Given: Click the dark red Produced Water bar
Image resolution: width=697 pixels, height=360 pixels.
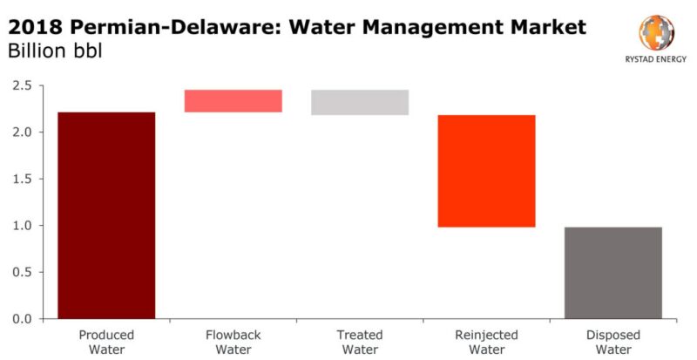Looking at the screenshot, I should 106,215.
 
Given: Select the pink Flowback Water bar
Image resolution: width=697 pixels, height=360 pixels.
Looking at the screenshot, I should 233,101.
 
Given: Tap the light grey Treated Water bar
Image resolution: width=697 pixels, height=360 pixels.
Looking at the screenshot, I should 360,102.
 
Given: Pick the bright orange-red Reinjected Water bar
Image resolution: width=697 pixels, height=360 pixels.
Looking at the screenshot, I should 486,171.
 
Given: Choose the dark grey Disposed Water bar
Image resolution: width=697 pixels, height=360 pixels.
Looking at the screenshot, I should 612,273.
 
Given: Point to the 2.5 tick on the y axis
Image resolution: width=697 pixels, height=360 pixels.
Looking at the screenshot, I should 23,86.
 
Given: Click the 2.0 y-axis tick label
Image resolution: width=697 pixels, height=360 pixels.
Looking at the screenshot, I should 23,132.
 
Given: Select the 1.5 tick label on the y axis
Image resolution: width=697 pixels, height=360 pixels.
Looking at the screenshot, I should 23,180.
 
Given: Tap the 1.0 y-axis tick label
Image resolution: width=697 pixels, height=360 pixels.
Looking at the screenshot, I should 23,226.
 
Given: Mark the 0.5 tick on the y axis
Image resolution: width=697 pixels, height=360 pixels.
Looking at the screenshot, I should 23,273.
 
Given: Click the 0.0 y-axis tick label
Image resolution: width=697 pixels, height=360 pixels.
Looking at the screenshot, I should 23,319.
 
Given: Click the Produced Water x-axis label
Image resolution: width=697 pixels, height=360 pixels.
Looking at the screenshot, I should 106,342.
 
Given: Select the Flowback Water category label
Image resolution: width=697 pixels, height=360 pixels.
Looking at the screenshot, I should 233,342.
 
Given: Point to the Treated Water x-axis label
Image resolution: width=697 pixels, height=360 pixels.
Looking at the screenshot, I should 360,342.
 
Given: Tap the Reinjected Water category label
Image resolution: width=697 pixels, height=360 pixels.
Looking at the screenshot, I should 486,342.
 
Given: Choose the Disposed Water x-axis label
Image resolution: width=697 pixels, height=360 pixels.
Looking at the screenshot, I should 612,342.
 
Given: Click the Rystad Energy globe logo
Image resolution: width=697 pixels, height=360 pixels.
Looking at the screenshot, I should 656,33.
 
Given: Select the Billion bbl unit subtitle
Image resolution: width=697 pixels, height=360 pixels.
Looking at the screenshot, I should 55,51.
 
